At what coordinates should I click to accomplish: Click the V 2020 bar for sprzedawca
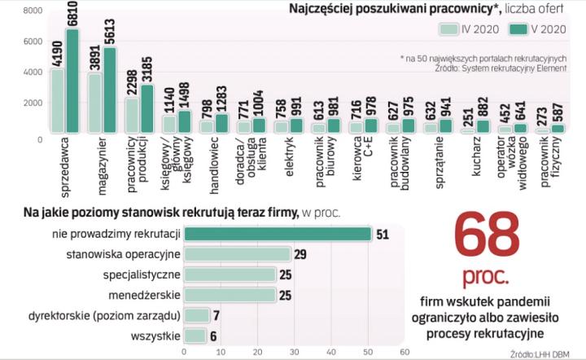(x=72, y=81)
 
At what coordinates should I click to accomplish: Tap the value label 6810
(x=72, y=17)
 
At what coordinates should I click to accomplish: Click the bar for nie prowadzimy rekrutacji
(x=278, y=234)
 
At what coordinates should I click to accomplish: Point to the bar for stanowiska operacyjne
(x=237, y=255)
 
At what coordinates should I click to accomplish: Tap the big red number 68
(x=487, y=236)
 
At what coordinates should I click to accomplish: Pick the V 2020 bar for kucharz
(x=481, y=126)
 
